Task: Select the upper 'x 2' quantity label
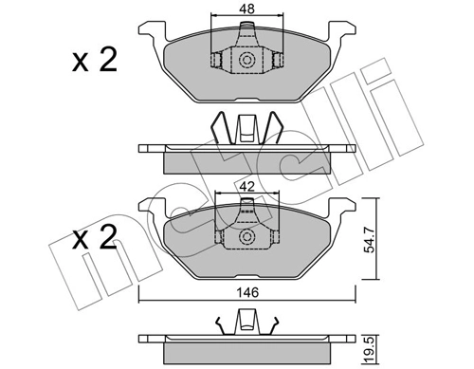[x=95, y=63]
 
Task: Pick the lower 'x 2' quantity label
[x=95, y=236]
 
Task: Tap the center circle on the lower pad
[x=247, y=235]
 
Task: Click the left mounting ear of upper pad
[x=151, y=33]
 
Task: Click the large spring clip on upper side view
[x=247, y=128]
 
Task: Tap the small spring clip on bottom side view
[x=246, y=323]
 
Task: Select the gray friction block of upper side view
[x=246, y=161]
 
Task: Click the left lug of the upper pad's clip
[x=217, y=62]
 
